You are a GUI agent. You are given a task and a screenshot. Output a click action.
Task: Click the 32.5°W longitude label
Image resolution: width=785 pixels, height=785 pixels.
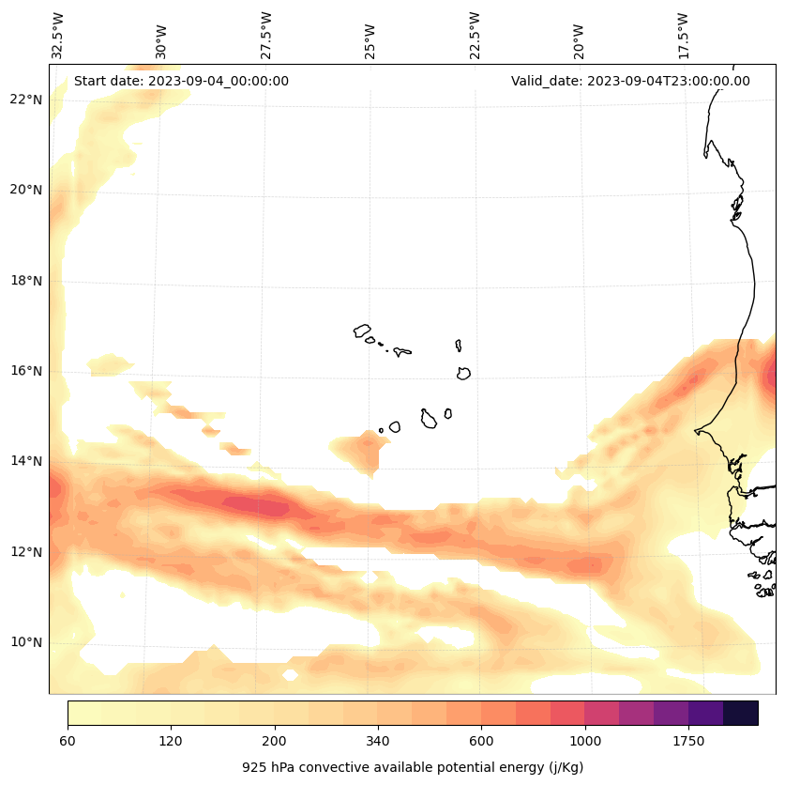[x=58, y=35]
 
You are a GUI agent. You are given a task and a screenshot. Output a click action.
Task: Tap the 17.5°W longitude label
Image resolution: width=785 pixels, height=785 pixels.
[x=684, y=35]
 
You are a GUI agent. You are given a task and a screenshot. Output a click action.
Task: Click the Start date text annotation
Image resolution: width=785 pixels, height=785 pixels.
[x=181, y=81]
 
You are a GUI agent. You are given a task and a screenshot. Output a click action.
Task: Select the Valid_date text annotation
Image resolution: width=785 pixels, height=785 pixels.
[x=630, y=81]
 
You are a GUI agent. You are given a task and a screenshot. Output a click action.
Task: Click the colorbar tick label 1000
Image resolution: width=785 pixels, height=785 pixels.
[x=585, y=742]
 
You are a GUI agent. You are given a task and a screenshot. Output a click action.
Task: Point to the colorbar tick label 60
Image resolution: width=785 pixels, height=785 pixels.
[x=68, y=742]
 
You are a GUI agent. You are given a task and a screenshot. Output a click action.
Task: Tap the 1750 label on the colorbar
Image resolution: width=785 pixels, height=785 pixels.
[x=688, y=742]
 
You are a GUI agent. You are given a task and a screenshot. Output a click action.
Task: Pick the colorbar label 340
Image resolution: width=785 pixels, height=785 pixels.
[x=378, y=742]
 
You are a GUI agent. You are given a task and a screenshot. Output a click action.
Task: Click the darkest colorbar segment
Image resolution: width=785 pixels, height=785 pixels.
[x=740, y=713]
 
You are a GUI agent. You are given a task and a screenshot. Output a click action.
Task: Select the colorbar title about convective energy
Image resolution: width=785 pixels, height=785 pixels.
[x=413, y=767]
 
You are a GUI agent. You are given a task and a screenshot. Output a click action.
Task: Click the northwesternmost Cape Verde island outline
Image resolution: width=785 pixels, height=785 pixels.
[x=362, y=331]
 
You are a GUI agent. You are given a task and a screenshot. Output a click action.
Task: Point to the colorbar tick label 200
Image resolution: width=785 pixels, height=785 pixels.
[x=275, y=742]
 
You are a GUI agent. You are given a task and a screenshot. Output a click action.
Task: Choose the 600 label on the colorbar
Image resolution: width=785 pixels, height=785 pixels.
[x=481, y=742]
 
